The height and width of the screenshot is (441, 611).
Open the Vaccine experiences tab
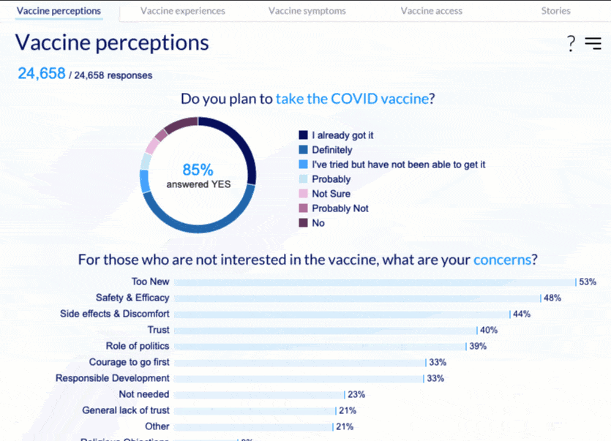click(183, 11)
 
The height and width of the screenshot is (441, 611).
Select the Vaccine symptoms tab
click(307, 11)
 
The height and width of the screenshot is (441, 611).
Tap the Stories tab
click(555, 11)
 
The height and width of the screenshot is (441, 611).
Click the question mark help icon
click(571, 44)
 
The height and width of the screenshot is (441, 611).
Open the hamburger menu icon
click(593, 43)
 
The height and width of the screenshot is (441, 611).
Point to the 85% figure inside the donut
click(198, 170)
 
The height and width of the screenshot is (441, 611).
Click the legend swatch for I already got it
click(303, 135)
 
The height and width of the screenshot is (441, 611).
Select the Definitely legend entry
click(331, 150)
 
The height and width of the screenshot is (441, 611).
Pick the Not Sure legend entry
click(331, 194)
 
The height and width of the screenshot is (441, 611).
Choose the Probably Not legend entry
click(340, 208)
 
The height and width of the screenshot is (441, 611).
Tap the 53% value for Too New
click(588, 282)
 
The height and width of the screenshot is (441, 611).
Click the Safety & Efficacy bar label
click(132, 298)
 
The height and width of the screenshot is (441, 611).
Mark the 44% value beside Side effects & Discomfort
click(522, 314)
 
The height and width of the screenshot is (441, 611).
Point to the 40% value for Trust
click(489, 330)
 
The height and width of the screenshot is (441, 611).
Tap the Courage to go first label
click(130, 362)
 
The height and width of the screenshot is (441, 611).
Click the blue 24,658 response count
click(42, 74)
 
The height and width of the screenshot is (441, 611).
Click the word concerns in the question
click(502, 260)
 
